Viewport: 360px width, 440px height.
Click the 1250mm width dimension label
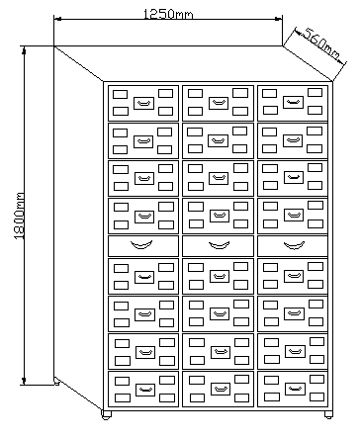pos(168,14)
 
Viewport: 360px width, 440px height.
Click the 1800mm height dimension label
pos(20,216)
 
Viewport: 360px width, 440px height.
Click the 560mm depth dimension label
pos(320,44)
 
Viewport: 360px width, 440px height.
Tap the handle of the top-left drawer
pos(143,103)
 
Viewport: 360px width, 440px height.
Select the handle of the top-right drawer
pos(293,102)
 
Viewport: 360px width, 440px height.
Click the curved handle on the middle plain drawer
pos(219,245)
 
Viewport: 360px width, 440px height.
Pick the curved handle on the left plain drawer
pos(141,244)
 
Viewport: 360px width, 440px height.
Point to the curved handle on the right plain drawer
pos(294,245)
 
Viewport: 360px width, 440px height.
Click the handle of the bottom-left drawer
pos(145,390)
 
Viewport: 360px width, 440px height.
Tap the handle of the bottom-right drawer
pos(295,389)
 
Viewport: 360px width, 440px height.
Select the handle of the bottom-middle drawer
pos(221,389)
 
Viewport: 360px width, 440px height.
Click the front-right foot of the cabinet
pos(328,414)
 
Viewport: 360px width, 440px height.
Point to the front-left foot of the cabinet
pos(106,415)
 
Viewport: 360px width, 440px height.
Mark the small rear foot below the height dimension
pos(56,383)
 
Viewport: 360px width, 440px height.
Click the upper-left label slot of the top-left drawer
pos(120,95)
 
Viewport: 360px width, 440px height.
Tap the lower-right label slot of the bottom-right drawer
pos(316,396)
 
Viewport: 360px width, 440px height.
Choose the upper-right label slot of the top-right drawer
pos(315,92)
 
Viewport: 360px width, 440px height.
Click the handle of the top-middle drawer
pos(219,103)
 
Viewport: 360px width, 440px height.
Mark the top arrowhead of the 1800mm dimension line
pos(24,50)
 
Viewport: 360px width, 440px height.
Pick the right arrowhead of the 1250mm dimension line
pos(278,19)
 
